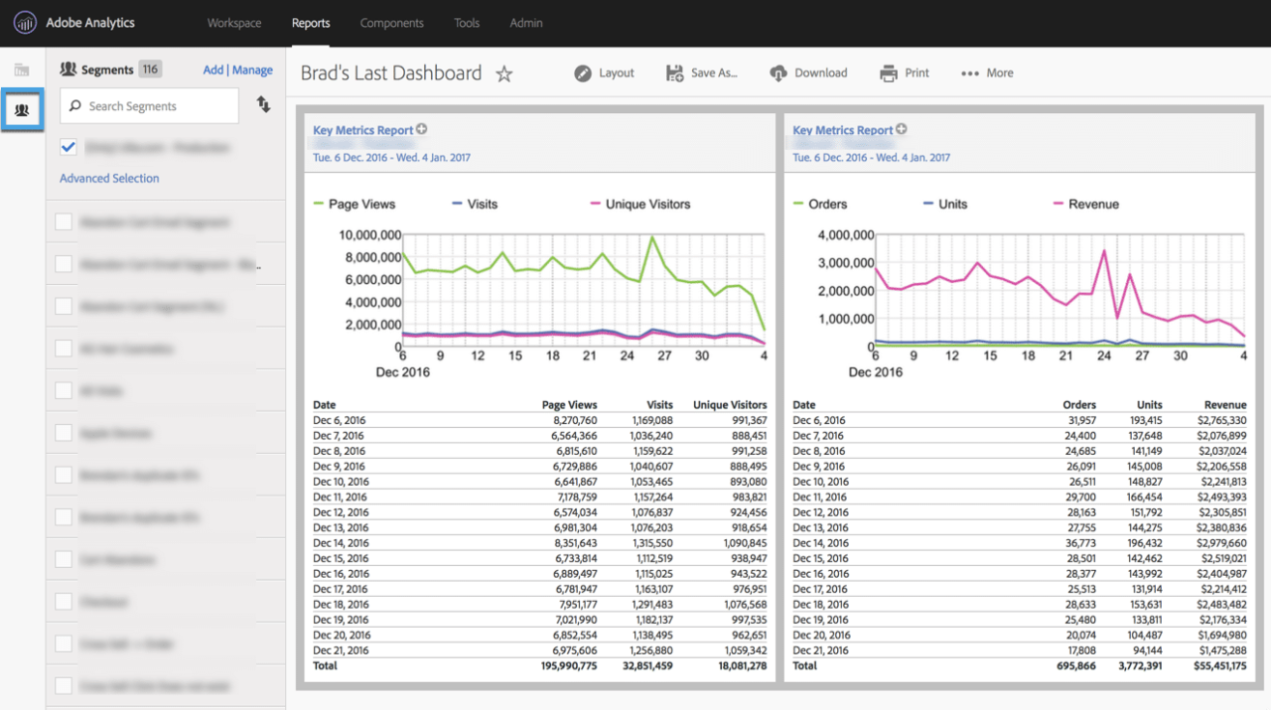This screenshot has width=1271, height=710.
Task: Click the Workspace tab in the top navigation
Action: coord(234,23)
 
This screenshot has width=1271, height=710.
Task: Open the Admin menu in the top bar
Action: coord(525,23)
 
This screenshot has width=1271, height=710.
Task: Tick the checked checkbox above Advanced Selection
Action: coord(69,147)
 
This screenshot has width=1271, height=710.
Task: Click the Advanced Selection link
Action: coord(109,179)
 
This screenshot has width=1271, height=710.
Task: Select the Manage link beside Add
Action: coord(252,71)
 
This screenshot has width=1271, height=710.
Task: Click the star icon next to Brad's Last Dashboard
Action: coord(504,73)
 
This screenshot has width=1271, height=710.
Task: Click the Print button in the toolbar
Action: coord(905,72)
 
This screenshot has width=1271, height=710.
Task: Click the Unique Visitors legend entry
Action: coord(646,205)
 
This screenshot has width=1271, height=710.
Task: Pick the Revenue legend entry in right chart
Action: coord(1092,205)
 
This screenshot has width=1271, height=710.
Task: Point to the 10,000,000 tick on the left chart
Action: coord(369,235)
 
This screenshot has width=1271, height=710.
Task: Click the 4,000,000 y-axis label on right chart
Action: coord(845,235)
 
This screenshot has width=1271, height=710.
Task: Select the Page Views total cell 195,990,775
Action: coord(569,666)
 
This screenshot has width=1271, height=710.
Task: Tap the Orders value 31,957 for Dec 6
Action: coord(1076,420)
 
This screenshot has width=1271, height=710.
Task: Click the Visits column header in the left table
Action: coord(659,405)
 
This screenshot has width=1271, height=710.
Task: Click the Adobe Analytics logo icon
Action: coord(25,23)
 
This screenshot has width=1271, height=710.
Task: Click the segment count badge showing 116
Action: coord(150,70)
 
